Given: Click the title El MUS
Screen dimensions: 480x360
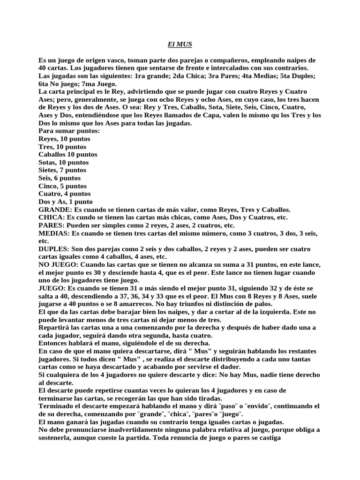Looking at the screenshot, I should [x=180, y=45].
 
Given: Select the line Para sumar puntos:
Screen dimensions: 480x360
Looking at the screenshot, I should [x=69, y=131].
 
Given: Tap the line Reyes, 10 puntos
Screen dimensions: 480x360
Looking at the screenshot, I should [x=65, y=139].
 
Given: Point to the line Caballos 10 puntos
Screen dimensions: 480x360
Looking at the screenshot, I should [x=68, y=155].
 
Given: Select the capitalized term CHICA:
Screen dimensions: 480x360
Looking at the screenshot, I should [x=51, y=217].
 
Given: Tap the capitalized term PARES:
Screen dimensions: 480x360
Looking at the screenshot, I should [x=51, y=225].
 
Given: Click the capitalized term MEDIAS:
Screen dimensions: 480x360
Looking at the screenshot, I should [x=53, y=233].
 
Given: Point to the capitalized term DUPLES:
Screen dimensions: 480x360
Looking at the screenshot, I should [x=53, y=249].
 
